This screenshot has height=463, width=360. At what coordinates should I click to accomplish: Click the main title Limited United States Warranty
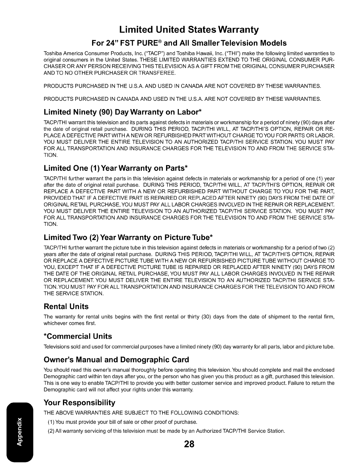189,30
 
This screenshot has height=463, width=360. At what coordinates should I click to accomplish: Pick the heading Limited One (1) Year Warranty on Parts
116,168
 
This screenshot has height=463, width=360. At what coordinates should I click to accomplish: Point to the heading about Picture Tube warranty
128,237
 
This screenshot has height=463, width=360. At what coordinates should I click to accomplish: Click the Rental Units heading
66,306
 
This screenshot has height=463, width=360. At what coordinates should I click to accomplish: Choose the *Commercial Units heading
78,336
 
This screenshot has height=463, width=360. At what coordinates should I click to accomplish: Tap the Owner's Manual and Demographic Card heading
116,360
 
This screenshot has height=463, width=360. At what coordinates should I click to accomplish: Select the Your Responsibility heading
79,403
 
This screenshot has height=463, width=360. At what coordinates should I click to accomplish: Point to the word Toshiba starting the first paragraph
52,53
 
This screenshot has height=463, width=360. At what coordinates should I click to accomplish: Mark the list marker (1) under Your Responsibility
51,422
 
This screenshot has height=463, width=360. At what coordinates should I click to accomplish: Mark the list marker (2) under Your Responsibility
51,431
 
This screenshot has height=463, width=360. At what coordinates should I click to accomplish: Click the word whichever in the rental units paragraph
55,323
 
